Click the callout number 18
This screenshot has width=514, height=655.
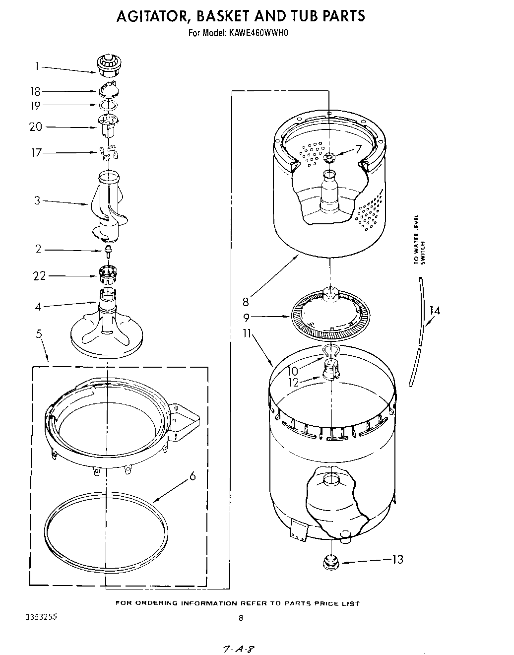pyautogui.click(x=35, y=91)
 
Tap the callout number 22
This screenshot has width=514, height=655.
pyautogui.click(x=39, y=276)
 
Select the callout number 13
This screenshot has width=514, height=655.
pyautogui.click(x=397, y=559)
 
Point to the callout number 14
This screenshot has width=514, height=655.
pyautogui.click(x=435, y=311)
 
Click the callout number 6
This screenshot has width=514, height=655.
pyautogui.click(x=192, y=476)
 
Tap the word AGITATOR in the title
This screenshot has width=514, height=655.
pyautogui.click(x=153, y=16)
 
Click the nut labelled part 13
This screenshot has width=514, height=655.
pyautogui.click(x=328, y=561)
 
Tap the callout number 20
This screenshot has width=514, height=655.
pyautogui.click(x=36, y=127)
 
